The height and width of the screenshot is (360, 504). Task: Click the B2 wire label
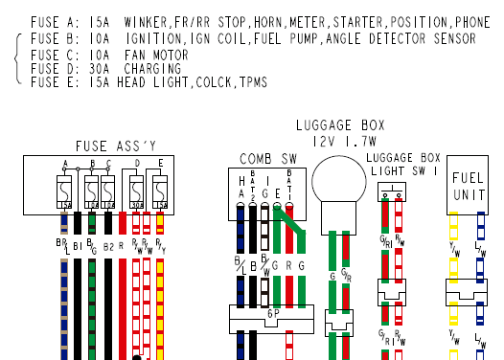pos(108,246)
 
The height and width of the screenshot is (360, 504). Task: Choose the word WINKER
pos(146,22)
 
